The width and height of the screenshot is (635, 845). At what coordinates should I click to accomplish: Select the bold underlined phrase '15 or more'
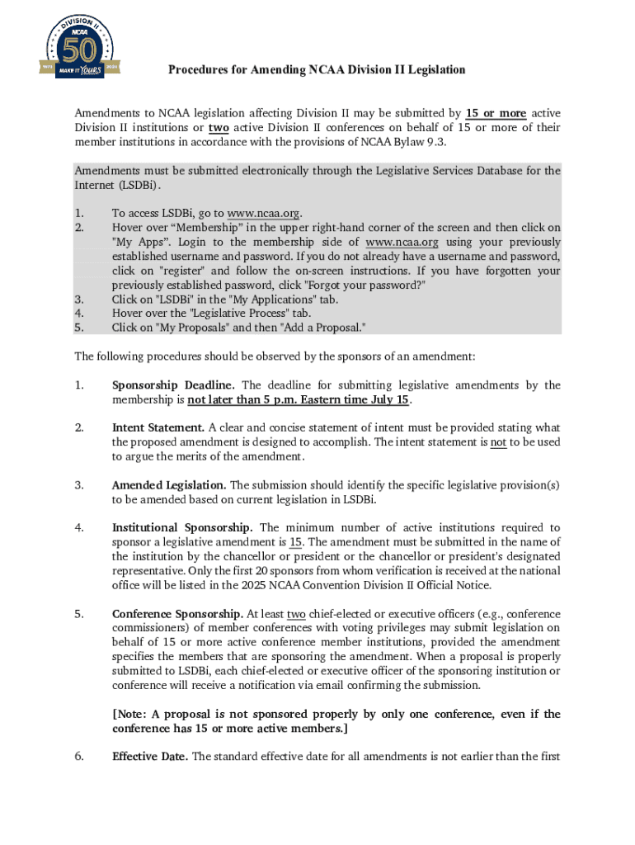[x=496, y=113]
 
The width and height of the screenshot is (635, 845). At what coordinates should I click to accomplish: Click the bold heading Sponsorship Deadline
[x=173, y=385]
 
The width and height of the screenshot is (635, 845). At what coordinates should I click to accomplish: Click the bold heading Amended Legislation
[x=169, y=485]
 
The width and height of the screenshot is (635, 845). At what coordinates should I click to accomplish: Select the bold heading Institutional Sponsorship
[x=183, y=528]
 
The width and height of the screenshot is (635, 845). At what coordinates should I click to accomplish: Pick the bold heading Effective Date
[x=150, y=757]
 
